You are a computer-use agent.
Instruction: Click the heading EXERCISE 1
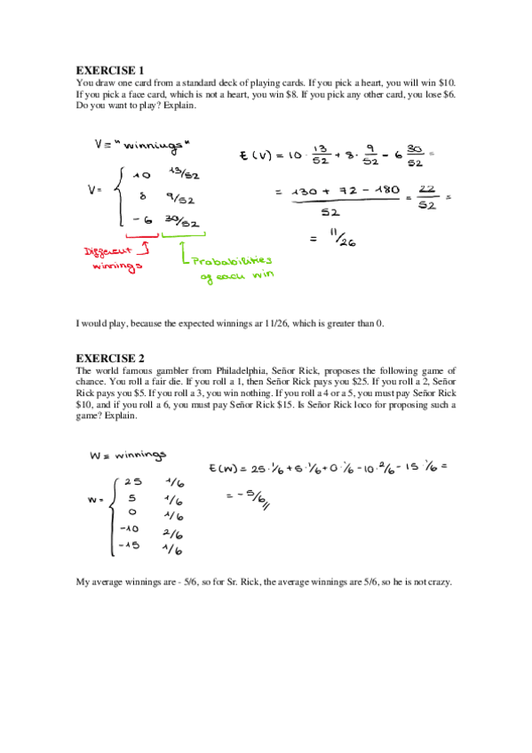pyautogui.click(x=109, y=69)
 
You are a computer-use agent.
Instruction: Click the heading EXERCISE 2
pyautogui.click(x=109, y=358)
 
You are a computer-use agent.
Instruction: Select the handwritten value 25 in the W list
pyautogui.click(x=130, y=482)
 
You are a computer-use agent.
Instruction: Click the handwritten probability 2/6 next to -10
pyautogui.click(x=173, y=534)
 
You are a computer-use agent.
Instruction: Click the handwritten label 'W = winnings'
pyautogui.click(x=128, y=456)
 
